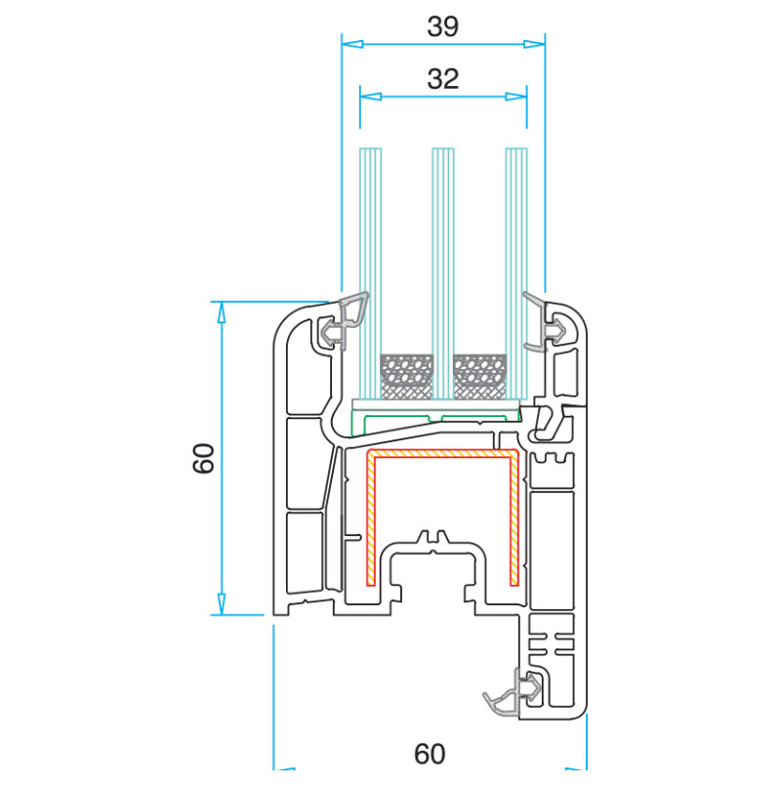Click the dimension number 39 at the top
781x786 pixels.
pos(442,26)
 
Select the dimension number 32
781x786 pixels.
pos(442,79)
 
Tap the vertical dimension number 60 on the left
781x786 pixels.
pos(203,458)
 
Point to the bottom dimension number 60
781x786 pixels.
pos(430,754)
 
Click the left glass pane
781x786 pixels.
pos(370,273)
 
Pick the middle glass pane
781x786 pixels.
pos(443,273)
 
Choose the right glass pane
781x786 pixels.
pos(516,273)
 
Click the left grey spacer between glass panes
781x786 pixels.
pos(406,377)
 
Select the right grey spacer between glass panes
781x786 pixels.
pos(479,377)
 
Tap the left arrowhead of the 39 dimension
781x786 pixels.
pos(351,44)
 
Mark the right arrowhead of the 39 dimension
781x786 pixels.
pos(534,44)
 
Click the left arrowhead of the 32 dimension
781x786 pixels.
pos(370,97)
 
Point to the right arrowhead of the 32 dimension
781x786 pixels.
pos(516,97)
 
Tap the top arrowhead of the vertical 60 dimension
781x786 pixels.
pos(221,311)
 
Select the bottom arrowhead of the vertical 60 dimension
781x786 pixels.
pos(221,604)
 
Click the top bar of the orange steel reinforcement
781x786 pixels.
pos(442,454)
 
